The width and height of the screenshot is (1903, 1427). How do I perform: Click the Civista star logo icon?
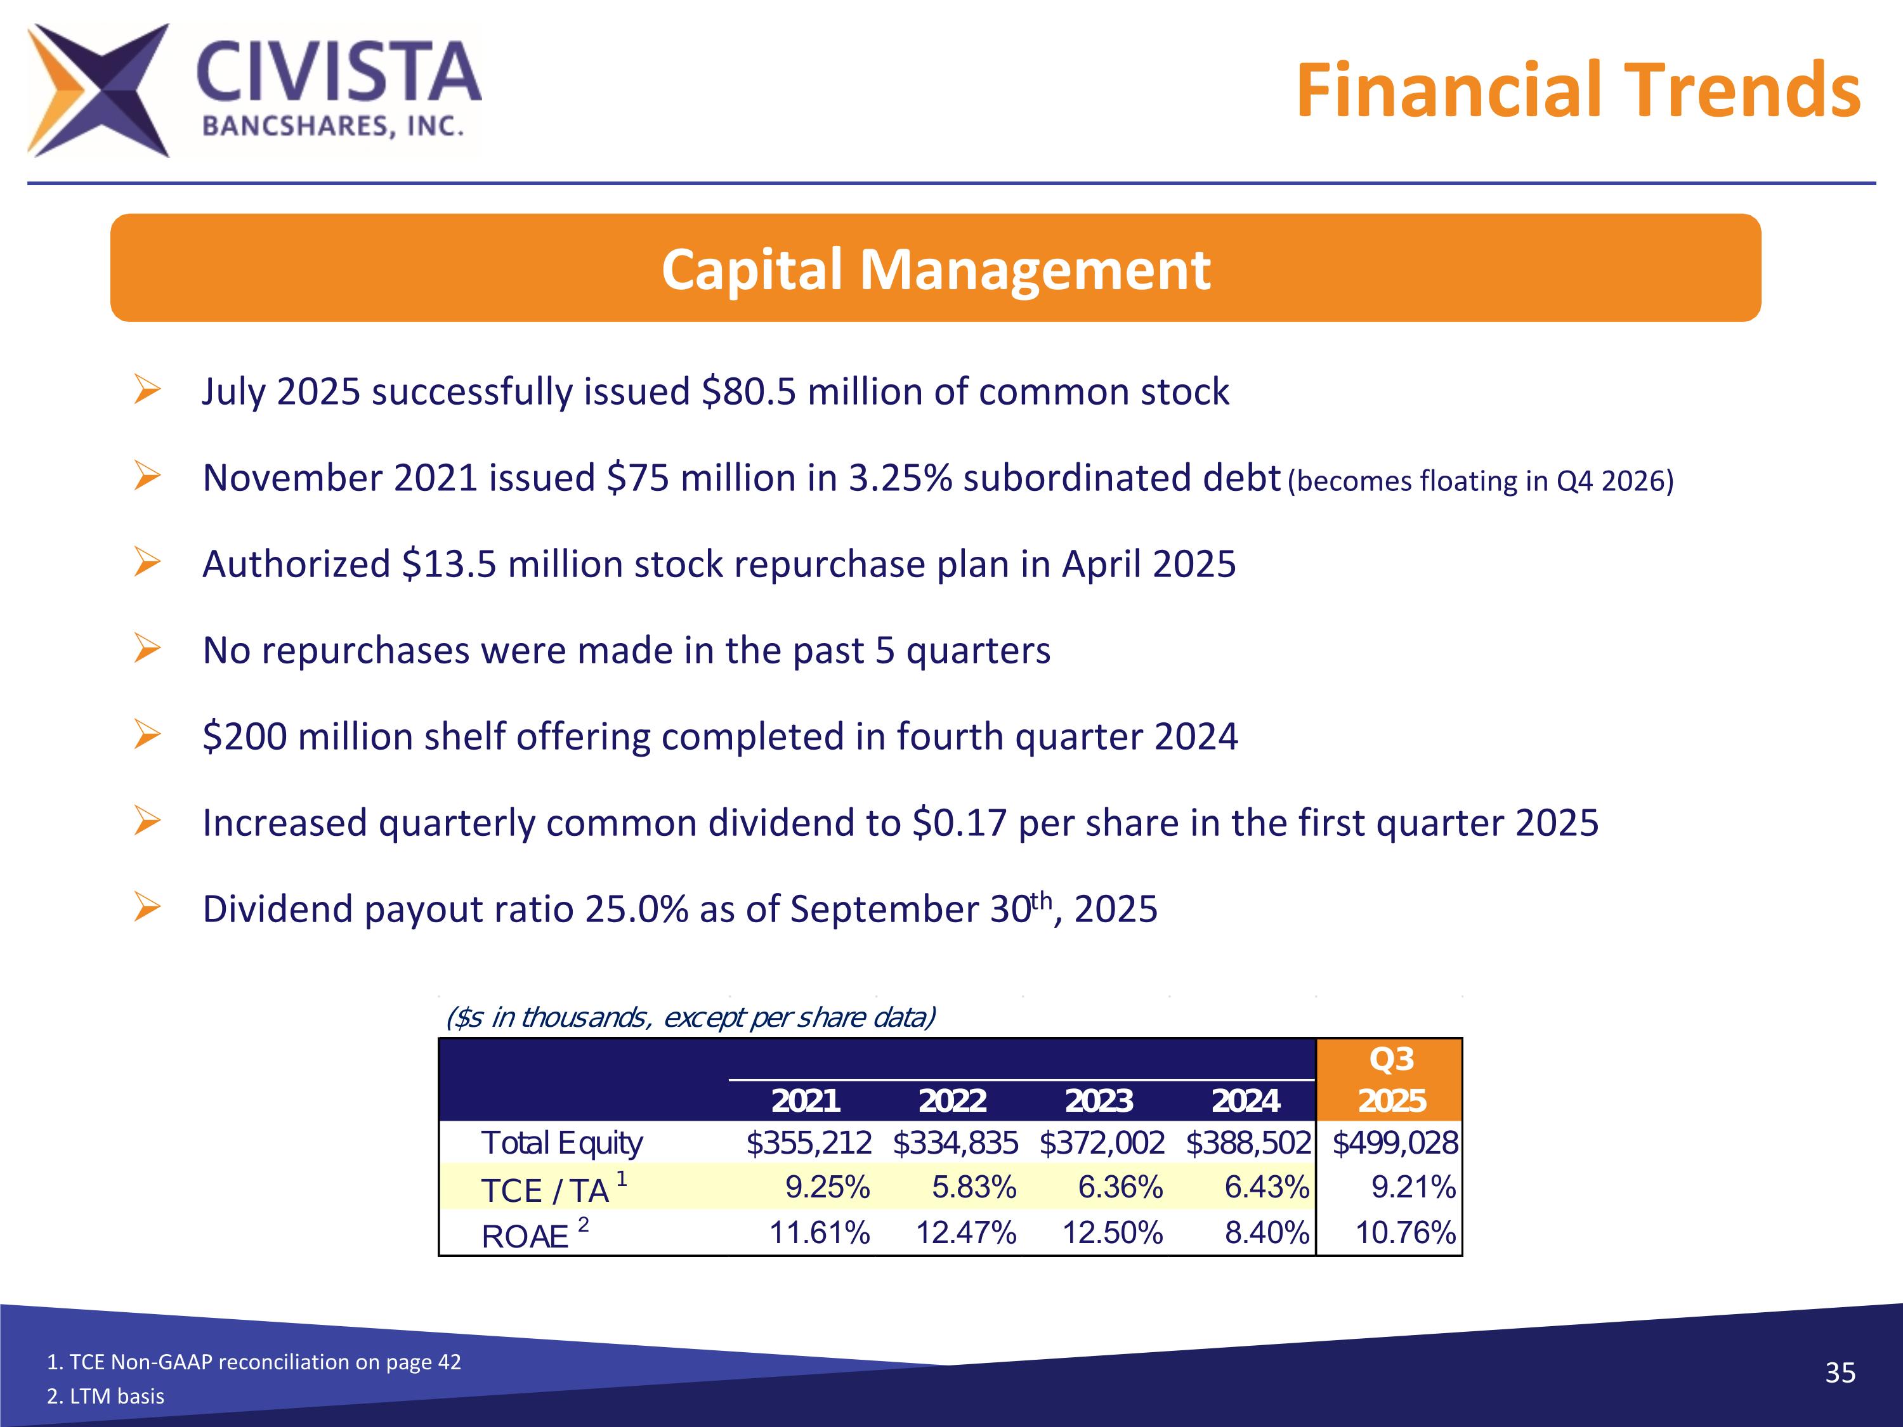97,90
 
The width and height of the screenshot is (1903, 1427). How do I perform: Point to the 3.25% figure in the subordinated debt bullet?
900,478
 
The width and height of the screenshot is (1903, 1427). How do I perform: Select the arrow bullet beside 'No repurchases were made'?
147,649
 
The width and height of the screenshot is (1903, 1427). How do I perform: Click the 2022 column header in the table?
952,1100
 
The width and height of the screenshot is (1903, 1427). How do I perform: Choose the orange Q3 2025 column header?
1391,1079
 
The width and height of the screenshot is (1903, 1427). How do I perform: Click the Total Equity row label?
562,1143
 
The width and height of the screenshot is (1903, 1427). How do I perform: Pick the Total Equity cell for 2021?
809,1143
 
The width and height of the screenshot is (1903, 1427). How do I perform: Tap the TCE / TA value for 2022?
974,1188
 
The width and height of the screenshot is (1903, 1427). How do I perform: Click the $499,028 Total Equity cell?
1394,1143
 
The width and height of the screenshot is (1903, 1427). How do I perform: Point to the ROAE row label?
525,1236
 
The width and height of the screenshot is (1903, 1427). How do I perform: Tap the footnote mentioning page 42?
254,1362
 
